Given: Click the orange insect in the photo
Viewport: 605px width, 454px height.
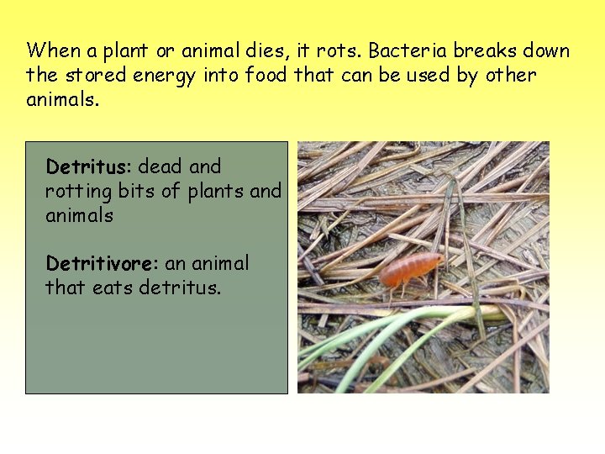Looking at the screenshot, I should point(410,271).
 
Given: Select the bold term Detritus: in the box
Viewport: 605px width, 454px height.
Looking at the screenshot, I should point(90,166).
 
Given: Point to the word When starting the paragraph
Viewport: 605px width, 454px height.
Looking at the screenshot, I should point(53,50).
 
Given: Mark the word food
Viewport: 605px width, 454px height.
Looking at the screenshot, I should point(266,76).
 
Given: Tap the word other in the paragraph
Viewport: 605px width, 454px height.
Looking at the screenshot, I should point(510,76).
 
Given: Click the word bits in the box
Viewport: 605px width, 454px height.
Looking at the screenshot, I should point(137,191).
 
